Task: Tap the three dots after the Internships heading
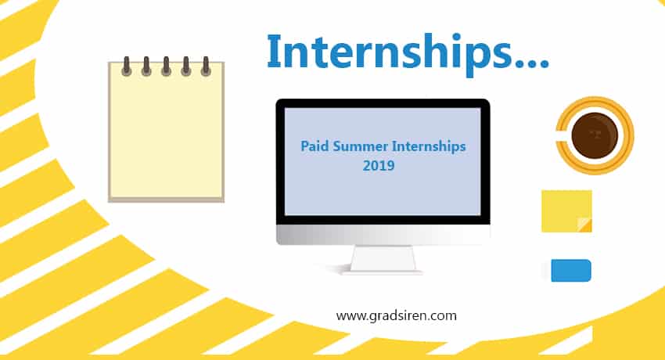click(x=532, y=64)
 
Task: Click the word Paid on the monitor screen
click(x=315, y=146)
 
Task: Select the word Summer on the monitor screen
click(x=360, y=146)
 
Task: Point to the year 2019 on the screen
click(x=379, y=165)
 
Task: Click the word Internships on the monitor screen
click(x=429, y=146)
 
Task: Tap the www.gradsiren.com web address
click(x=396, y=316)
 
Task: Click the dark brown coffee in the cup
click(x=594, y=135)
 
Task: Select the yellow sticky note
click(x=566, y=211)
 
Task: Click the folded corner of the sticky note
click(x=586, y=225)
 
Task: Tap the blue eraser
click(x=571, y=271)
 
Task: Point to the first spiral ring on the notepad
click(x=126, y=67)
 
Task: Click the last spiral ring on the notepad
click(x=206, y=67)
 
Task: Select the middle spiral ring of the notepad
click(x=166, y=67)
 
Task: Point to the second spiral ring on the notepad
click(x=146, y=67)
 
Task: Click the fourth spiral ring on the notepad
click(x=185, y=67)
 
